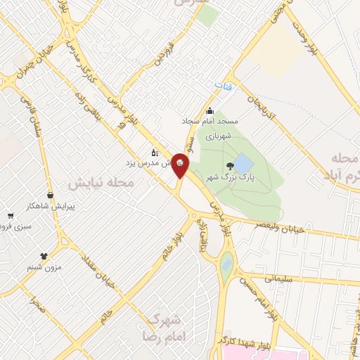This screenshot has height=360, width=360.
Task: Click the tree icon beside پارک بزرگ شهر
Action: [x=231, y=167]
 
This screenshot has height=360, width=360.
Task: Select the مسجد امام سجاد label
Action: [x=210, y=122]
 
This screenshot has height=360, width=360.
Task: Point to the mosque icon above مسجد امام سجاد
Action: [x=210, y=110]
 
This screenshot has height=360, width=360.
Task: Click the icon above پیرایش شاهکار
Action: [x=50, y=195]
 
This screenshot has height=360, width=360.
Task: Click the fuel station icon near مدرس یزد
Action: [x=155, y=151]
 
